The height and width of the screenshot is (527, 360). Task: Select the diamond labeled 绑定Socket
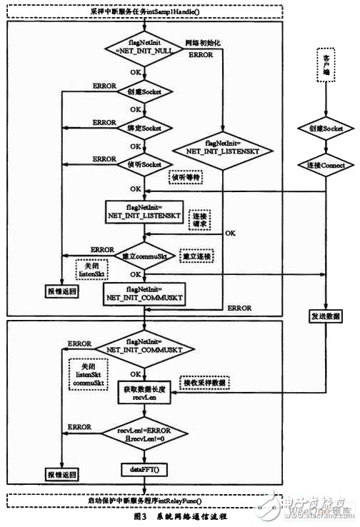pos(146,128)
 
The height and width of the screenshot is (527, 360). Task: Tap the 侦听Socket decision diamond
pos(146,164)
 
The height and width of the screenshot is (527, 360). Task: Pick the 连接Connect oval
pos(326,165)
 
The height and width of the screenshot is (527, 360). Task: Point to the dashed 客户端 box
pos(326,72)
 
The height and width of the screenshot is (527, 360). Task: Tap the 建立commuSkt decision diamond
pos(146,255)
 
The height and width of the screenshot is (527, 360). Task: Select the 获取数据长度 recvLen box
pos(146,392)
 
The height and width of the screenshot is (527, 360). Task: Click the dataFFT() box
pos(146,470)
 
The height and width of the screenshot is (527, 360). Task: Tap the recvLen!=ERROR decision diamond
pos(146,433)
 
